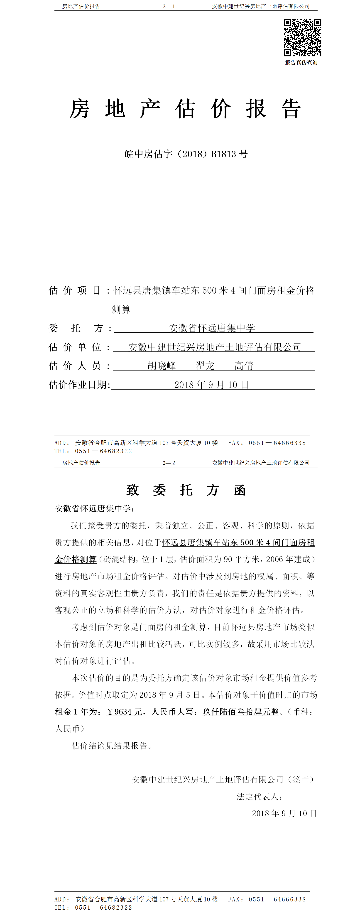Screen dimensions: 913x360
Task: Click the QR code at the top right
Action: (x=302, y=38)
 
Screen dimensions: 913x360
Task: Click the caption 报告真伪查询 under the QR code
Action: (x=301, y=63)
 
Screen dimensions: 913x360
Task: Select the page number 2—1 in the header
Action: (x=169, y=6)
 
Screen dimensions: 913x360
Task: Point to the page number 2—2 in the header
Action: (x=169, y=463)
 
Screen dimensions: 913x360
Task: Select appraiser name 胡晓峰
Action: (x=162, y=366)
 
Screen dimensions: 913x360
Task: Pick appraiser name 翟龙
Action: (x=205, y=366)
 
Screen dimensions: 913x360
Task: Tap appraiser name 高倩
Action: (x=244, y=366)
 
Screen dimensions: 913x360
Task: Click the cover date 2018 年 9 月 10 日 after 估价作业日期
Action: (x=212, y=385)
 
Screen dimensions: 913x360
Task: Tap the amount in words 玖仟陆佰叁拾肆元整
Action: (x=241, y=712)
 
